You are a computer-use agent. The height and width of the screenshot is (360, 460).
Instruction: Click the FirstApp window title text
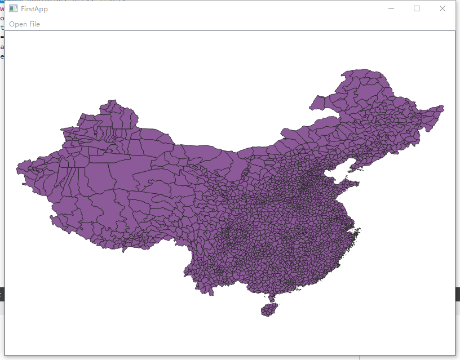click(x=33, y=9)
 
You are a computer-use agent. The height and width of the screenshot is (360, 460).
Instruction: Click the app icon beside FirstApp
click(x=14, y=9)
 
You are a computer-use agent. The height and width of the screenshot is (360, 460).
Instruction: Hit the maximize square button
click(x=417, y=8)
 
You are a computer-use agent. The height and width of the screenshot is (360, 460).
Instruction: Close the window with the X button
click(x=443, y=8)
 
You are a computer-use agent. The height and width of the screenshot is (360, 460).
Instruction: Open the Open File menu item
click(x=24, y=24)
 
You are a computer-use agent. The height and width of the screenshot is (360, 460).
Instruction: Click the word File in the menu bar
click(x=34, y=24)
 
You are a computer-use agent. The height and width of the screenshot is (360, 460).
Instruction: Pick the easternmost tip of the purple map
click(x=443, y=107)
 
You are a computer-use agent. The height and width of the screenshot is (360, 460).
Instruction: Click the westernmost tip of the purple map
click(x=17, y=167)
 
